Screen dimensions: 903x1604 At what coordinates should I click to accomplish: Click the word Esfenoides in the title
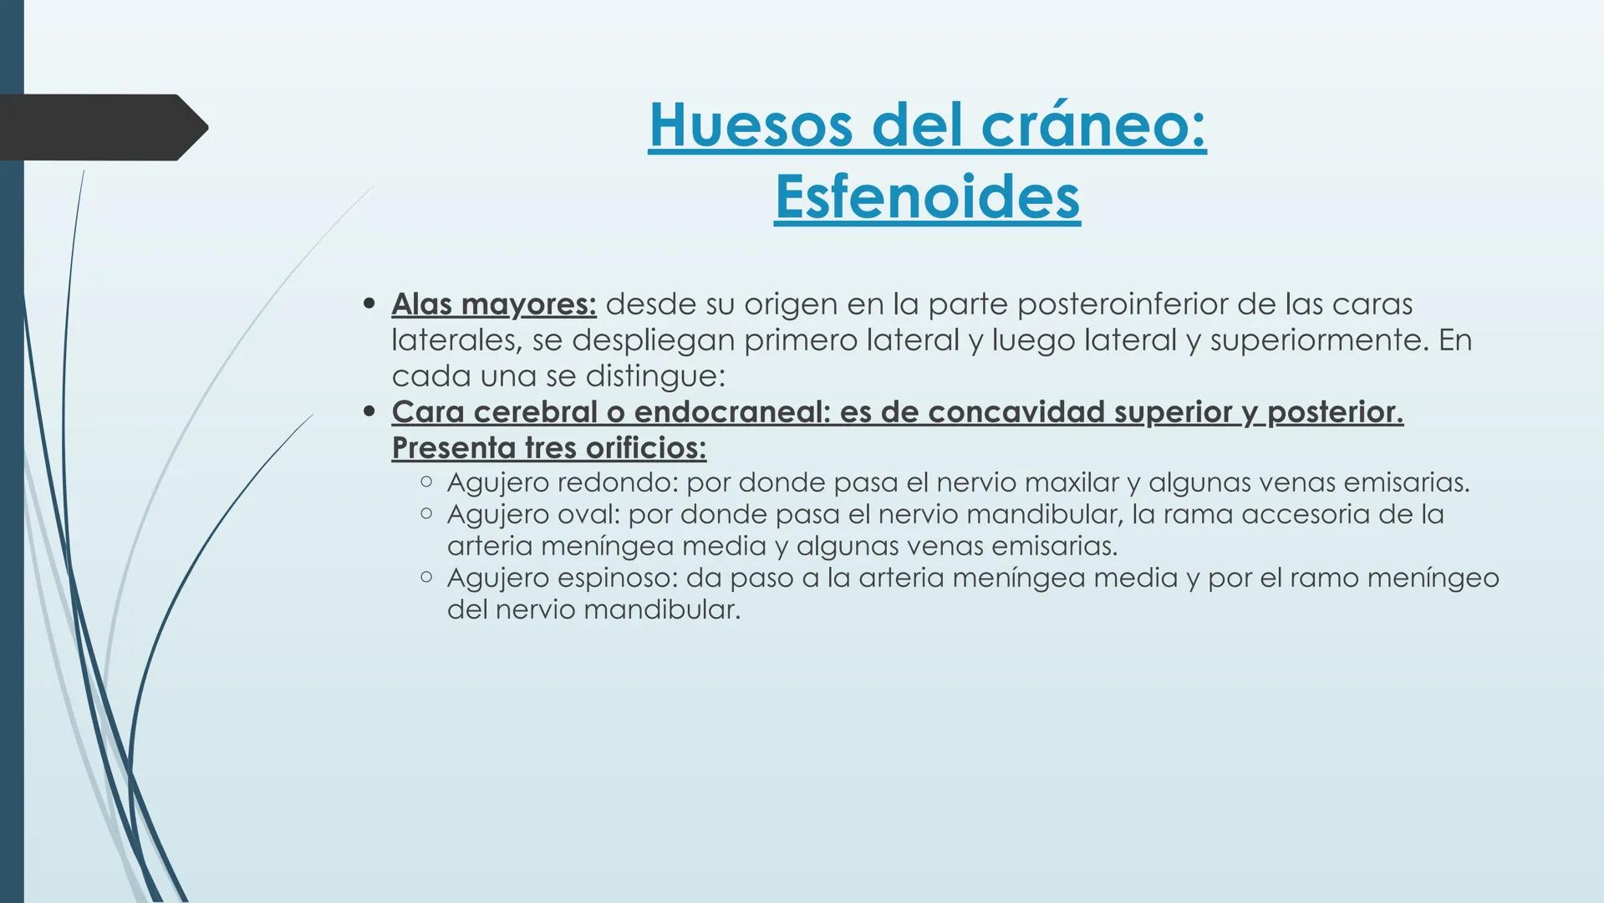point(927,197)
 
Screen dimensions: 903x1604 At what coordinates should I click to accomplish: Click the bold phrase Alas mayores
point(493,304)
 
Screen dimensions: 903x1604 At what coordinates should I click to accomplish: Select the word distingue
point(654,376)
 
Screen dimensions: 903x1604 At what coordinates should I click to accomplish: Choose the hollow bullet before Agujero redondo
point(426,482)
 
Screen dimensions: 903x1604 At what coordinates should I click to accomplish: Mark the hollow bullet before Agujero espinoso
point(426,577)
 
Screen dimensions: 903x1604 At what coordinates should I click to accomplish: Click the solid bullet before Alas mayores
point(369,304)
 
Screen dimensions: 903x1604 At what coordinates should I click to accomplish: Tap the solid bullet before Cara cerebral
point(369,412)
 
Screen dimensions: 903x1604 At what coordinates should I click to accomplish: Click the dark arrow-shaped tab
point(100,127)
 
